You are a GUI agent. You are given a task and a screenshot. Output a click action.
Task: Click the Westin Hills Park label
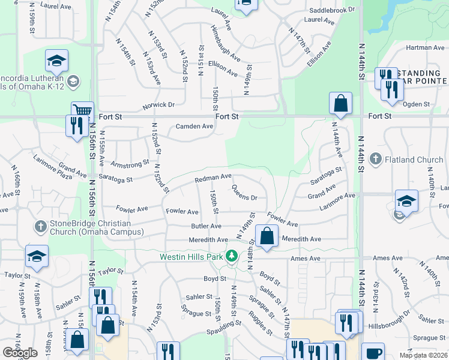pyautogui.click(x=191, y=257)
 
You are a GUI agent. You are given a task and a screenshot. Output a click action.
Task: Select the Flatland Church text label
pyautogui.click(x=414, y=160)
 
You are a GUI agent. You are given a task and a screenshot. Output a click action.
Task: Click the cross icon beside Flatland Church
pyautogui.click(x=376, y=159)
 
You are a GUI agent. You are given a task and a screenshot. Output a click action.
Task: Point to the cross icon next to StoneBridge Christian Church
pyautogui.click(x=41, y=226)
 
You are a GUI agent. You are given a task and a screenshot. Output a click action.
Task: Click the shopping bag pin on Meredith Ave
pyautogui.click(x=267, y=236)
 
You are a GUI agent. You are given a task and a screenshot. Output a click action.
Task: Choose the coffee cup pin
pyautogui.click(x=372, y=353)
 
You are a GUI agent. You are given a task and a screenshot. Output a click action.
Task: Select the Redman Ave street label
pyautogui.click(x=212, y=178)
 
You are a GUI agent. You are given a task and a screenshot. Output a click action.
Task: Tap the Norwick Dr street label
pyautogui.click(x=159, y=104)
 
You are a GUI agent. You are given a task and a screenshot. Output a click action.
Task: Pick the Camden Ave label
pyautogui.click(x=194, y=127)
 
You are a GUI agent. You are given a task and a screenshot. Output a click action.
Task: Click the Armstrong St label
pyautogui.click(x=130, y=163)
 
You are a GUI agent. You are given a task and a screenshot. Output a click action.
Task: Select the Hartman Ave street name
pyautogui.click(x=424, y=47)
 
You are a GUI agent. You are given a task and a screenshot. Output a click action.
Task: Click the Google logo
pyautogui.click(x=20, y=353)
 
